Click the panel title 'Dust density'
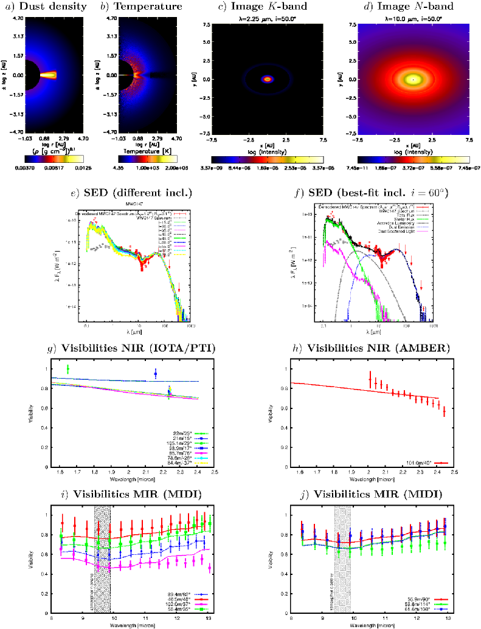coord(43,7)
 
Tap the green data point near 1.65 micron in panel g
coord(67,369)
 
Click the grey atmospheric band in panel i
coord(102,547)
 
